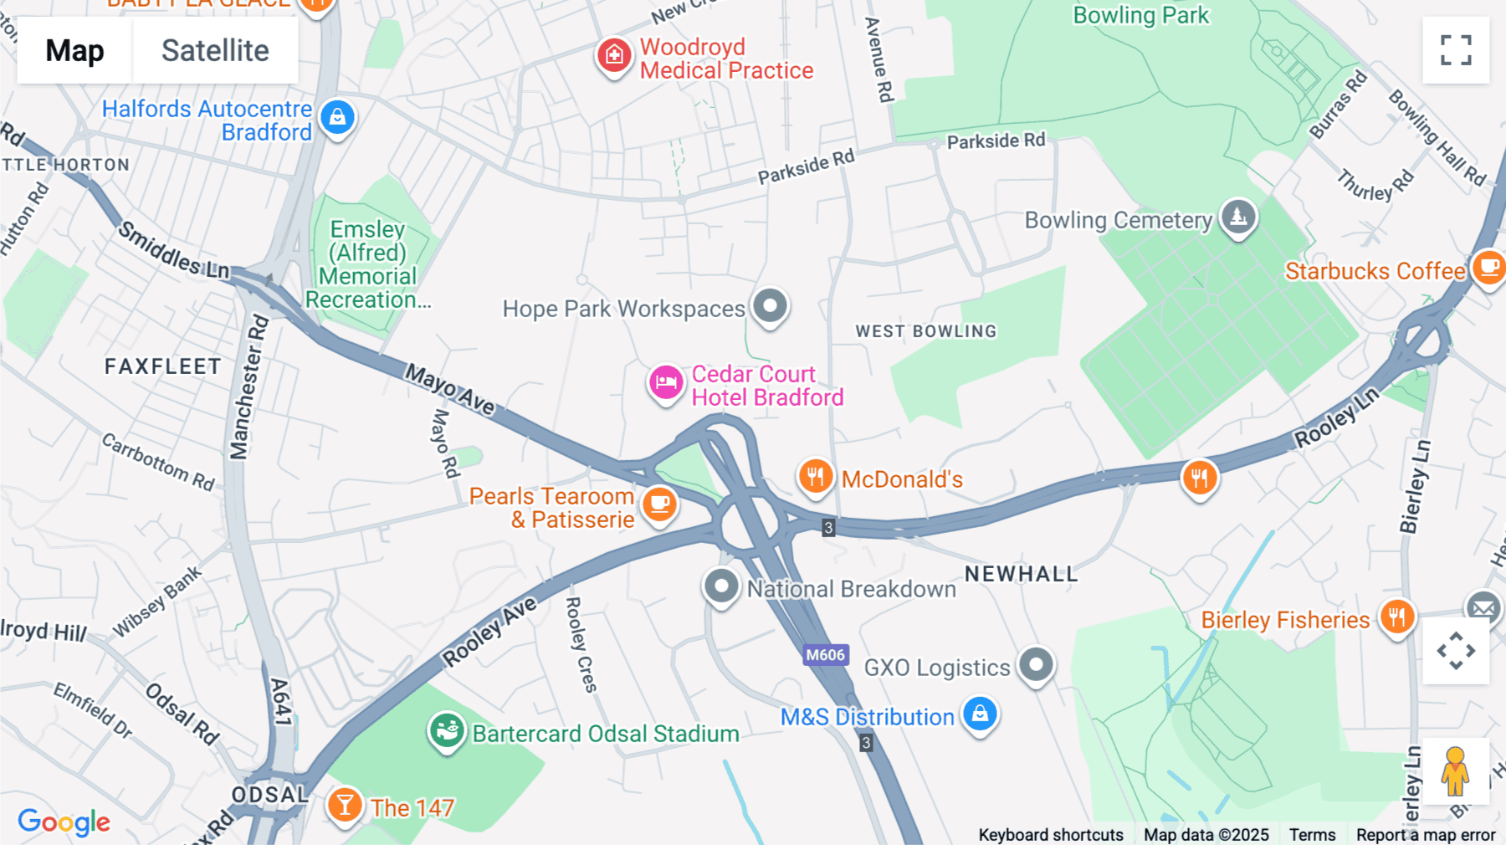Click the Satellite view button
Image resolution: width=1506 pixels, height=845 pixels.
click(x=215, y=50)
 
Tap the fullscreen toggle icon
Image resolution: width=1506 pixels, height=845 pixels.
click(x=1456, y=50)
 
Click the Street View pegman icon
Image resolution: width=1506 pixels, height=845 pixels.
click(x=1455, y=771)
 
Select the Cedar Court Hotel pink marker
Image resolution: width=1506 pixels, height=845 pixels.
click(x=666, y=383)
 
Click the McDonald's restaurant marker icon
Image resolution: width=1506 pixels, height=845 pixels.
click(x=815, y=477)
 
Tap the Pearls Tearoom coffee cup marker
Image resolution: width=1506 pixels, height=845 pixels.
click(x=659, y=504)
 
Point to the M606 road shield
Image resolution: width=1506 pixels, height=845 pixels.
click(x=826, y=655)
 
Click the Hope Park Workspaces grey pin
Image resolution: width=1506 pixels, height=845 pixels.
click(x=770, y=305)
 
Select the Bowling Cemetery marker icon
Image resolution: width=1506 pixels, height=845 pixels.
click(x=1238, y=217)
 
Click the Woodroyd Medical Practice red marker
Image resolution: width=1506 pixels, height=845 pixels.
click(x=614, y=56)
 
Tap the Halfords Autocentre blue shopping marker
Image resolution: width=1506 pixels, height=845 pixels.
click(x=337, y=117)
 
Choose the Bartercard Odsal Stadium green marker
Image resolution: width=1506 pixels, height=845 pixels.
click(x=447, y=731)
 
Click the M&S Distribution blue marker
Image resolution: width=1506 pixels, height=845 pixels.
click(x=980, y=714)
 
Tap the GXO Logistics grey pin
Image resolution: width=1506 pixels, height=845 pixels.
click(x=1036, y=665)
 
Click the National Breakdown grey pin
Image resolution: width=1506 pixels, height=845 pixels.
click(x=721, y=586)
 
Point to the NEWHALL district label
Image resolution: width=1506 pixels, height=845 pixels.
click(x=1021, y=574)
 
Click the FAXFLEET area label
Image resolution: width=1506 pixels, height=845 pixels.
click(x=163, y=366)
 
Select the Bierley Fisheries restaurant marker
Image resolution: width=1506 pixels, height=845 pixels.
click(x=1396, y=617)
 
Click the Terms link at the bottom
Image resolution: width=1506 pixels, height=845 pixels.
click(x=1312, y=834)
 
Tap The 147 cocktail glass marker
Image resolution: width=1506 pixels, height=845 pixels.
click(x=344, y=805)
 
